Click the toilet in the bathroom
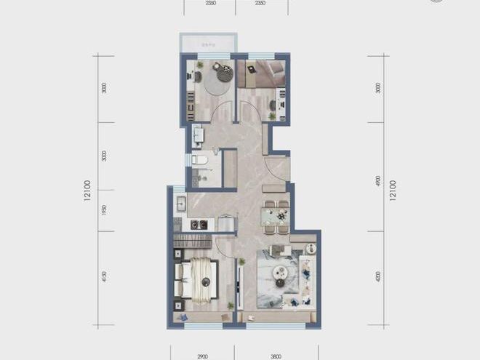pos(200,159)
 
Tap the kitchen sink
pos(180,205)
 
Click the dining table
pos(276,216)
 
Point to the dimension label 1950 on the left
pos(105,210)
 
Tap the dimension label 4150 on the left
pos(105,277)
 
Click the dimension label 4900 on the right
pos(377,182)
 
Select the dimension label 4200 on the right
pos(377,277)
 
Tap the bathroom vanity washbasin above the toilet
pos(198,135)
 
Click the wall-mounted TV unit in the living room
pos(241,281)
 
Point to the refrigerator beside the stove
pos(226,223)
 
